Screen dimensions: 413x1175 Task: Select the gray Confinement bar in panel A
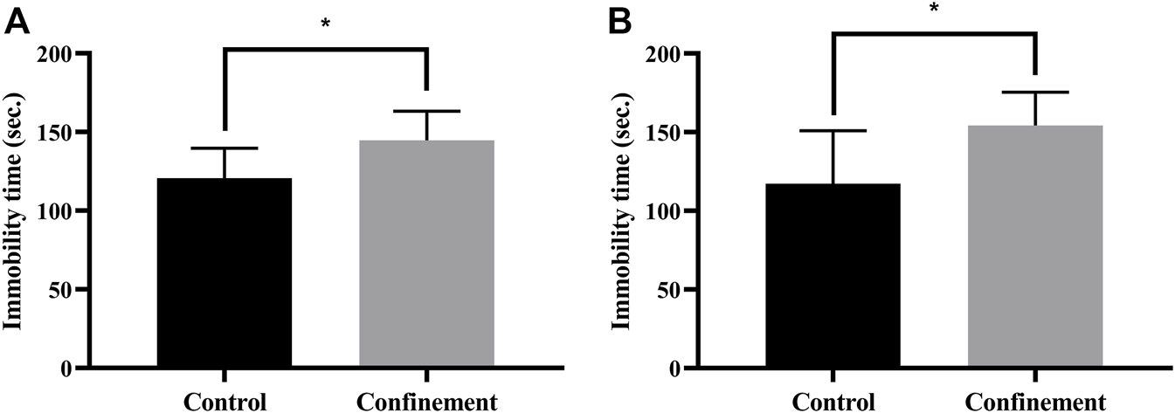click(x=426, y=254)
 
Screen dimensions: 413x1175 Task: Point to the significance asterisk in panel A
click(x=326, y=24)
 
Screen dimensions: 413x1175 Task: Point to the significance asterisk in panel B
click(x=934, y=8)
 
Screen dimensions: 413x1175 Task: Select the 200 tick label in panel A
click(x=57, y=54)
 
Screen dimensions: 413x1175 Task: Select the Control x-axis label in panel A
click(x=225, y=403)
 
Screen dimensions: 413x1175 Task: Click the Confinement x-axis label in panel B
click(x=1035, y=403)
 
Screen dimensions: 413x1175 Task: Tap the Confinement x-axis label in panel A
click(x=426, y=403)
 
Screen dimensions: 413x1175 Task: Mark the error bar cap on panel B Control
click(x=833, y=130)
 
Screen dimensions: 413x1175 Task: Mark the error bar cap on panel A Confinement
click(x=426, y=111)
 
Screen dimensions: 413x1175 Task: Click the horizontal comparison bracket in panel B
click(x=934, y=33)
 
